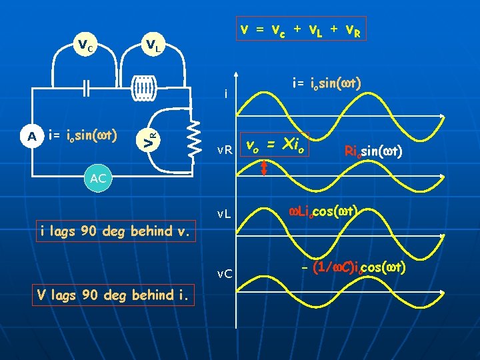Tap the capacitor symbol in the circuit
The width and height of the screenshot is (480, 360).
tap(85, 87)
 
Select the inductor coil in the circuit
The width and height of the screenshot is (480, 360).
tap(143, 87)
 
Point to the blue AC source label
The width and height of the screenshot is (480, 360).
tap(97, 179)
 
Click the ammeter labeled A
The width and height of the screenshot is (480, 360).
tap(31, 136)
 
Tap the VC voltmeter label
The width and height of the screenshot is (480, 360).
tap(85, 45)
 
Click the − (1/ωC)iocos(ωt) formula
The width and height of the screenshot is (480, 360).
tap(353, 268)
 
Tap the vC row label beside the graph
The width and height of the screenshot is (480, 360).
tap(224, 274)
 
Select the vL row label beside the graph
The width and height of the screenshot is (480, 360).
tap(224, 215)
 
